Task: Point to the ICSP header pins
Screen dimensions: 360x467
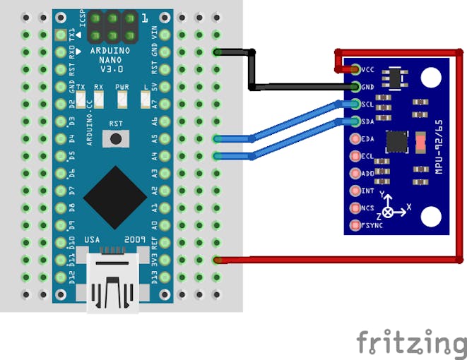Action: click(x=112, y=28)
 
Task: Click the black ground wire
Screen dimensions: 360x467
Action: click(x=252, y=71)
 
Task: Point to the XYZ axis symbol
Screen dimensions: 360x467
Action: click(x=393, y=205)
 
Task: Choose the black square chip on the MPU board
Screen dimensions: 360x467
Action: click(x=397, y=141)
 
